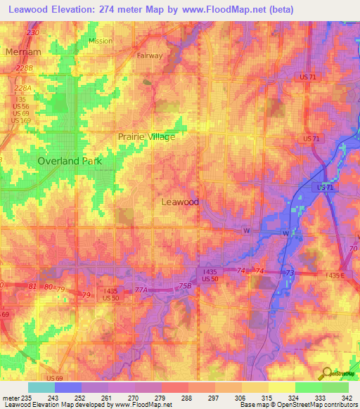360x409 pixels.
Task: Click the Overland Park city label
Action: tap(70, 161)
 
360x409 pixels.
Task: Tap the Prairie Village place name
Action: tap(146, 136)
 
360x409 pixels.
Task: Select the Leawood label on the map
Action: tap(180, 202)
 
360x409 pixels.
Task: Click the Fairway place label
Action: tap(150, 56)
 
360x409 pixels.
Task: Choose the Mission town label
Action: tap(100, 41)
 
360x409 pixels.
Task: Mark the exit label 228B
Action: tap(25, 68)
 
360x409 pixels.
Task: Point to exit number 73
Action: tap(289, 272)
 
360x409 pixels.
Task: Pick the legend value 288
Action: tap(186, 397)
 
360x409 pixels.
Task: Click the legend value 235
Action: tap(26, 397)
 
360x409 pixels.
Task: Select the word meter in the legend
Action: tap(10, 397)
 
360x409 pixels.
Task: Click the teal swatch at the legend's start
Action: tap(41, 387)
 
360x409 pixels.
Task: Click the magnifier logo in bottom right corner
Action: tap(326, 373)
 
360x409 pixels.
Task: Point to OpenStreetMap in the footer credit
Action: tap(311, 405)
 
